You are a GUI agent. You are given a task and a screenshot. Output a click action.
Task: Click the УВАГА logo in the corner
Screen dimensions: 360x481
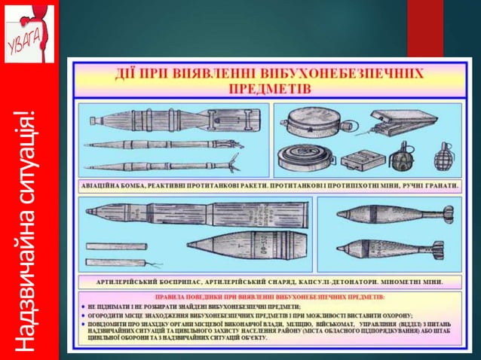(29, 32)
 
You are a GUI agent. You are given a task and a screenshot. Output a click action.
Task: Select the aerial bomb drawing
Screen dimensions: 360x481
(173, 119)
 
